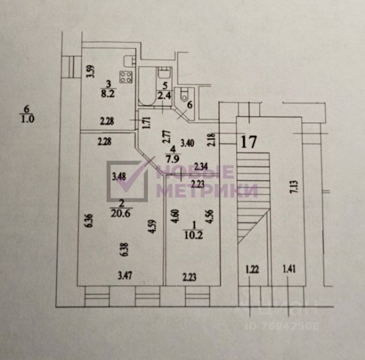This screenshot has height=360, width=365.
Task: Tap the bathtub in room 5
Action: click(147, 87)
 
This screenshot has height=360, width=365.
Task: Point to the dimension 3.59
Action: click(90, 72)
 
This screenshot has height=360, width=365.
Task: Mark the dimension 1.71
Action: click(145, 124)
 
